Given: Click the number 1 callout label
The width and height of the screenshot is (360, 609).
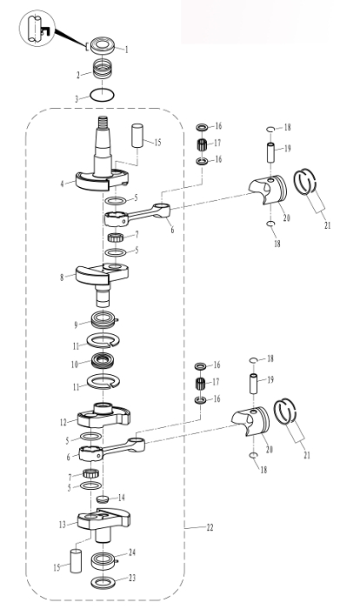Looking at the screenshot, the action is pos(126,50).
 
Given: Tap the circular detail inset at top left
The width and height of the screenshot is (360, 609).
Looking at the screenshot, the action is pos(37,29).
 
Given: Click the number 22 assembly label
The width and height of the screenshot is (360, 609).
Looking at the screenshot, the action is pos(210,527).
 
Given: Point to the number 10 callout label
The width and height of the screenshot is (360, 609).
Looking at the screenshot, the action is pos(75,365).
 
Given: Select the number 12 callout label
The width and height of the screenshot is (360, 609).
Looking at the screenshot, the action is pos(63,422).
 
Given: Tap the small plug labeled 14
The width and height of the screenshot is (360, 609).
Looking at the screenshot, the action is pos(102,499).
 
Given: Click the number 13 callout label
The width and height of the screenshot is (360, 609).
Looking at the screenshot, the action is pos(62,525).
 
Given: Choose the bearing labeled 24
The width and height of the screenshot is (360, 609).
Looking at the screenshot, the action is pos(104,560).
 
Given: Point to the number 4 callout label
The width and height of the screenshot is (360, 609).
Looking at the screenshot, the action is pos(62,184).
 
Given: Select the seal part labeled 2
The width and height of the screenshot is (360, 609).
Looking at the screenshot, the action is pos(102,70).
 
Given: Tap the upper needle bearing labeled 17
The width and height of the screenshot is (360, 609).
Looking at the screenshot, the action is pos(202,144).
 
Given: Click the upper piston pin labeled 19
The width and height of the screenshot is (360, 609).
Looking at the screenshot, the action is pos(270,152).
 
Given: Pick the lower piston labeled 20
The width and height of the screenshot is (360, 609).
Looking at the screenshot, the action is pos(250,421).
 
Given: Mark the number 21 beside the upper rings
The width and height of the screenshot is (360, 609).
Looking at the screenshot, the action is pos(327,224).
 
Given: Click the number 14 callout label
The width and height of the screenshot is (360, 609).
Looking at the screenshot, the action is pos(122,498).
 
